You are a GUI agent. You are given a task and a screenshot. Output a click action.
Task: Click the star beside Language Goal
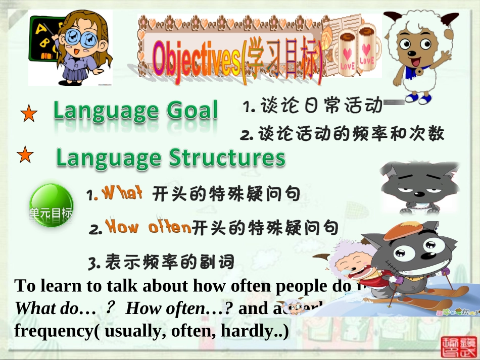(x=29, y=114)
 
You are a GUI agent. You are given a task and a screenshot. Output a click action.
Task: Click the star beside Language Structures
(x=25, y=155)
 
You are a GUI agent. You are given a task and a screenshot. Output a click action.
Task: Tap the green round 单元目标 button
(x=51, y=205)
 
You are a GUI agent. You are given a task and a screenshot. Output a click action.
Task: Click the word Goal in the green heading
(x=192, y=111)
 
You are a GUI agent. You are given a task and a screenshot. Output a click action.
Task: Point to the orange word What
(x=122, y=193)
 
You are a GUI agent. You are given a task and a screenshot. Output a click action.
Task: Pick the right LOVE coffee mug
(x=366, y=53)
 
